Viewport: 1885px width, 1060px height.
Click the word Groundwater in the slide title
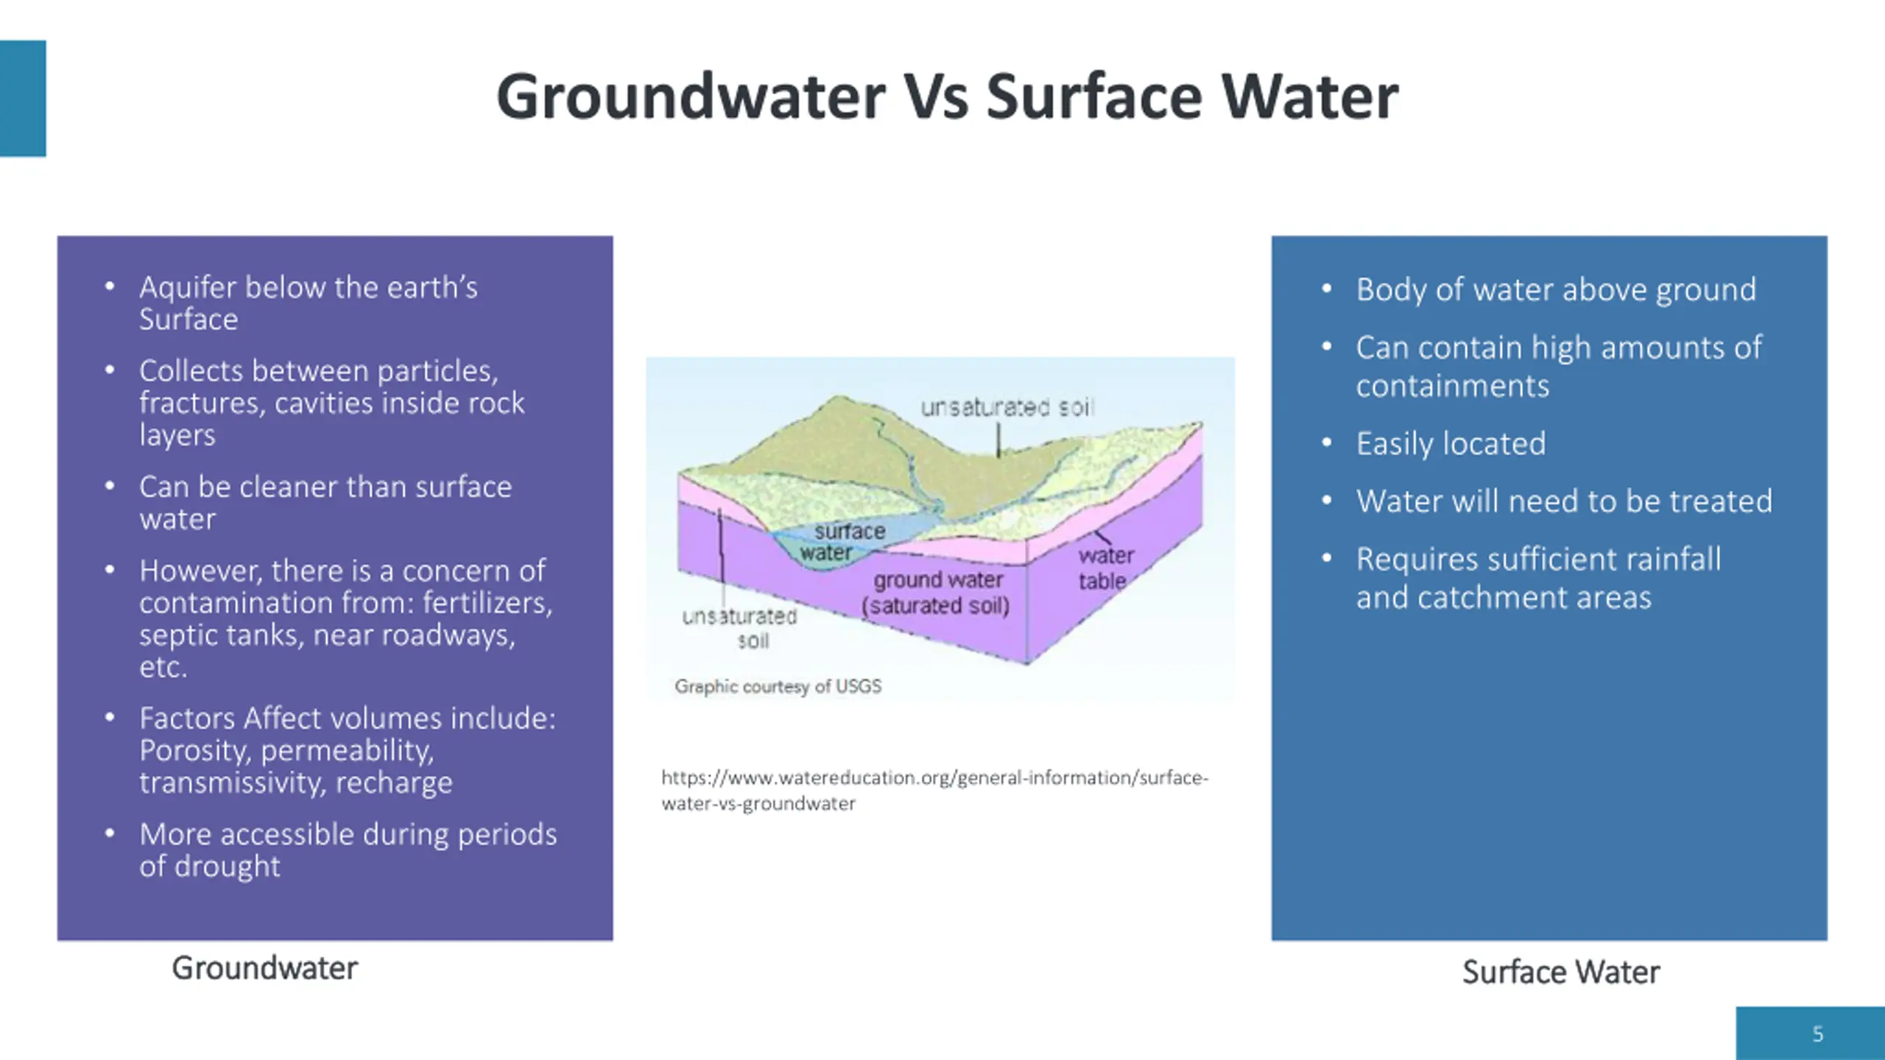pyautogui.click(x=691, y=97)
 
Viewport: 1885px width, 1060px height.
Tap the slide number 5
pyautogui.click(x=1817, y=1034)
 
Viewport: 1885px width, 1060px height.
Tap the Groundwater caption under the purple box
pyautogui.click(x=264, y=968)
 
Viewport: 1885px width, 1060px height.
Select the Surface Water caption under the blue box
pyautogui.click(x=1560, y=972)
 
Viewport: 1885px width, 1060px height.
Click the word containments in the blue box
pyautogui.click(x=1452, y=386)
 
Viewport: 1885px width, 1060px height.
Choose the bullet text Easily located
pyautogui.click(x=1451, y=443)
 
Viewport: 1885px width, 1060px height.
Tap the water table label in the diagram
pyautogui.click(x=1104, y=568)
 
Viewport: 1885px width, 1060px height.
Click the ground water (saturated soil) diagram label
pyautogui.click(x=936, y=593)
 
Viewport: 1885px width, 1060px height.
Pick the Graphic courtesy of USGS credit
pyautogui.click(x=778, y=686)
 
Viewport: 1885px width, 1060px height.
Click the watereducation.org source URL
pyautogui.click(x=934, y=790)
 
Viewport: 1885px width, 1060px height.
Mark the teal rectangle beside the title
pyautogui.click(x=23, y=98)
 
